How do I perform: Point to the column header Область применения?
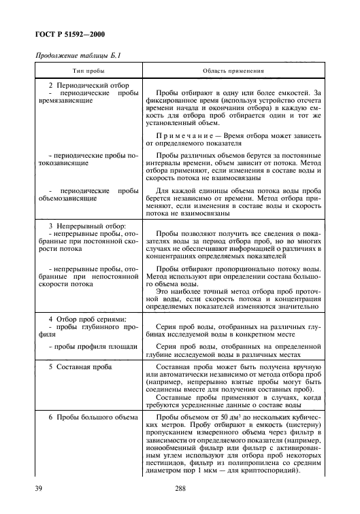pyautogui.click(x=233, y=70)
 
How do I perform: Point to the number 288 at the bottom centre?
pyautogui.click(x=179, y=488)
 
